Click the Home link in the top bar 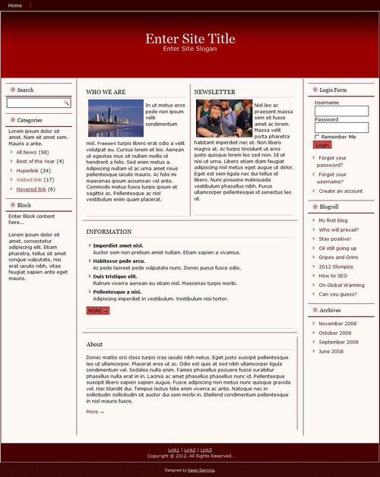15,5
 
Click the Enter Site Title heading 190,39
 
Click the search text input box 35,103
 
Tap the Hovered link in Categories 31,189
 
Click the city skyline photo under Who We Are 115,118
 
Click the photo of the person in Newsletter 223,118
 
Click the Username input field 341,111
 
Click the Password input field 341,128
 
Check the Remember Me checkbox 317,137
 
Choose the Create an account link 340,191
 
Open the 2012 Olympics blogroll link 336,267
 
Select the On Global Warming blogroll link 341,285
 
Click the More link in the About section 95,412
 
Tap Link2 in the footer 190,450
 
